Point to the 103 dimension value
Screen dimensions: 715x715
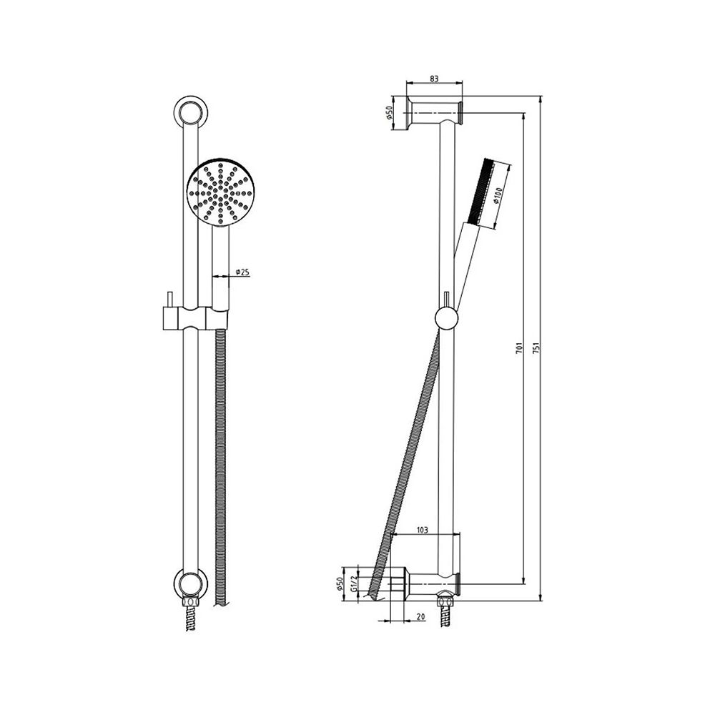421,530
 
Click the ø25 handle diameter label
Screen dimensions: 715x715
240,271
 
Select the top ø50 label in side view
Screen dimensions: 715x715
390,113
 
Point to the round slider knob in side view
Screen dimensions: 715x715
445,318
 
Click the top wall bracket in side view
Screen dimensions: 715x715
435,112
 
